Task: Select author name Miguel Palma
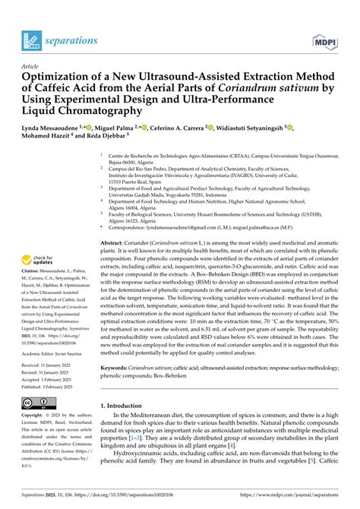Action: click(121, 127)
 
